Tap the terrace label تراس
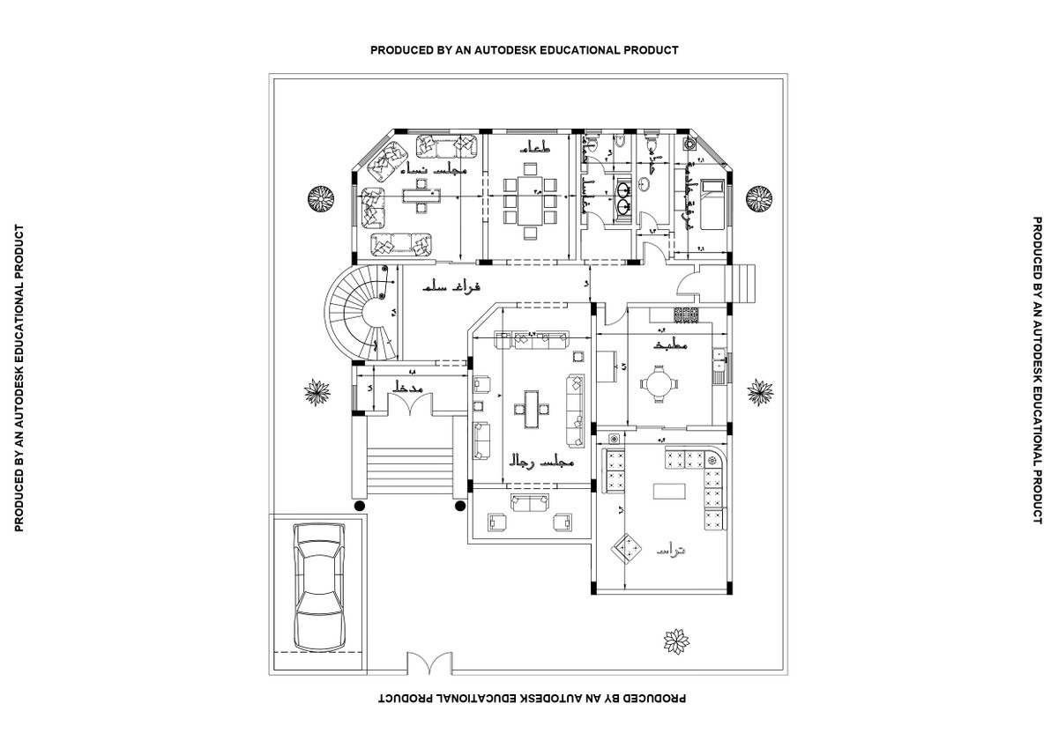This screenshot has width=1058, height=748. tap(670, 551)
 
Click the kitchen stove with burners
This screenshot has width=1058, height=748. tap(687, 313)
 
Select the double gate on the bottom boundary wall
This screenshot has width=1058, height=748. tap(428, 663)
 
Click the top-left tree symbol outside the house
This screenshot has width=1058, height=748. tap(320, 198)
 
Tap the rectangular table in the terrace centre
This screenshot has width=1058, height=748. tap(669, 490)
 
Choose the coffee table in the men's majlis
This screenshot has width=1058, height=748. tap(532, 408)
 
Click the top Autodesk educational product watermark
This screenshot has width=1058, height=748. tap(524, 50)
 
